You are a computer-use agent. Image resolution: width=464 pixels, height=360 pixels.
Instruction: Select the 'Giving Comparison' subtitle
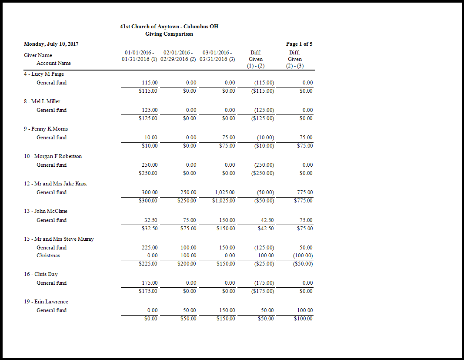(169, 34)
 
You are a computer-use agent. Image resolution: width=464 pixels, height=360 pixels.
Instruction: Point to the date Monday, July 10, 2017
(51, 44)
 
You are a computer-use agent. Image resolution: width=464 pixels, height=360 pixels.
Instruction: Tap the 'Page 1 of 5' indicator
(299, 44)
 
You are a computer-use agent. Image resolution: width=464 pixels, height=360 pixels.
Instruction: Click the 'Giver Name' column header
(38, 55)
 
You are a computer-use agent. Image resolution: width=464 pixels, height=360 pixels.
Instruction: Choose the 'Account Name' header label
(53, 63)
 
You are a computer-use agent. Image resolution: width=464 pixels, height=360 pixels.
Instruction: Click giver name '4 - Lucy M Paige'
(44, 74)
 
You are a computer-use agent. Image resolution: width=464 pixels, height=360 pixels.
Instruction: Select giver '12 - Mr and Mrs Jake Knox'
(55, 184)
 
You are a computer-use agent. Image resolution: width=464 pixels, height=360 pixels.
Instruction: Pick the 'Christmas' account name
(48, 256)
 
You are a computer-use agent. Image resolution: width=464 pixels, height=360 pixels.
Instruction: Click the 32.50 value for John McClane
(150, 220)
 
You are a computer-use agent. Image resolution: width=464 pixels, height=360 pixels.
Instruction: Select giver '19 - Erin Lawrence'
(46, 302)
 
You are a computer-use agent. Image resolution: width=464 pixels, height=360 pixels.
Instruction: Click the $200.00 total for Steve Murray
(188, 264)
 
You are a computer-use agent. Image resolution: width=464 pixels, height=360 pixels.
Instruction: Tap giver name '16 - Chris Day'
(41, 274)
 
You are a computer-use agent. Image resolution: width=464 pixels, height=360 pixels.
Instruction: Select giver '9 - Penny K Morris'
(46, 129)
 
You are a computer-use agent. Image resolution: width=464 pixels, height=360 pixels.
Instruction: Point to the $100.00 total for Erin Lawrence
(303, 319)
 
